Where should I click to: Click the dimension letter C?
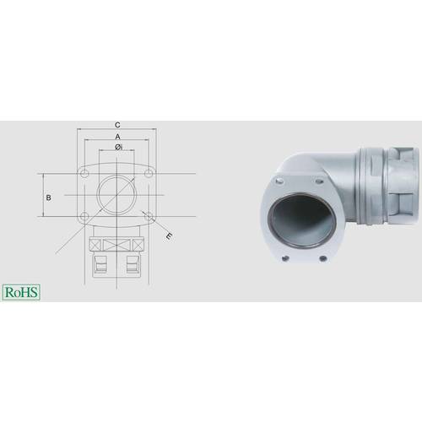tap(117, 125)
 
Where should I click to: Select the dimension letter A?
tap(117, 137)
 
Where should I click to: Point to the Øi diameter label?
tap(118, 147)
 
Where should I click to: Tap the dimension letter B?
tap(48, 197)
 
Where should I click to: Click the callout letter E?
tap(168, 236)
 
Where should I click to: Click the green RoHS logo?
tap(21, 292)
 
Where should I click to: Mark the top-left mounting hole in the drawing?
tap(84, 174)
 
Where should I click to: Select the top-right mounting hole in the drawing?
tap(149, 174)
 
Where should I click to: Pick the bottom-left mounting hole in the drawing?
tap(84, 216)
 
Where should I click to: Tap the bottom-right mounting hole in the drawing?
tap(149, 216)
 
